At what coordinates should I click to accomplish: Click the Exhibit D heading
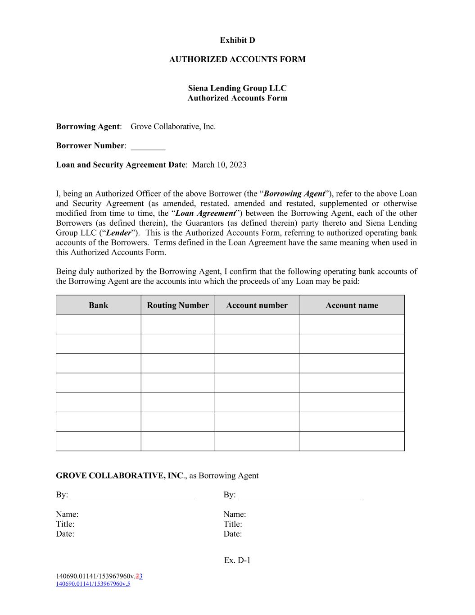click(x=237, y=41)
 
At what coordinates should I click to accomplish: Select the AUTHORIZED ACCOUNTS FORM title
click(x=237, y=59)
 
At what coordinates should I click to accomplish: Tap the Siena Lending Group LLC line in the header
click(x=237, y=88)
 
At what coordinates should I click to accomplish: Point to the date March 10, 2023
click(x=219, y=165)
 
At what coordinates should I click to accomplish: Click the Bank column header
click(x=98, y=305)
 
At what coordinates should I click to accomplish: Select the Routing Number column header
click(x=178, y=305)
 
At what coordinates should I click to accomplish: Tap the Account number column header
click(x=257, y=305)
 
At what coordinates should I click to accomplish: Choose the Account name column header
click(x=352, y=305)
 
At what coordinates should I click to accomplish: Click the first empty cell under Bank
click(x=98, y=324)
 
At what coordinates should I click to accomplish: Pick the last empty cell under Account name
click(x=352, y=441)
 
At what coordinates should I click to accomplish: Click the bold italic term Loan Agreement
click(x=205, y=214)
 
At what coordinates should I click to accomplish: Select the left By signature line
click(x=132, y=496)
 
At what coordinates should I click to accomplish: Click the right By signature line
click(x=300, y=496)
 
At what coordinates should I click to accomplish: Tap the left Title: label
click(x=65, y=524)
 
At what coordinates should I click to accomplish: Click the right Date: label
click(x=233, y=534)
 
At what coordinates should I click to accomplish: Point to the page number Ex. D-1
click(x=237, y=560)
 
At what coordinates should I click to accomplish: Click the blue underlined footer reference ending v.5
click(x=93, y=584)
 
